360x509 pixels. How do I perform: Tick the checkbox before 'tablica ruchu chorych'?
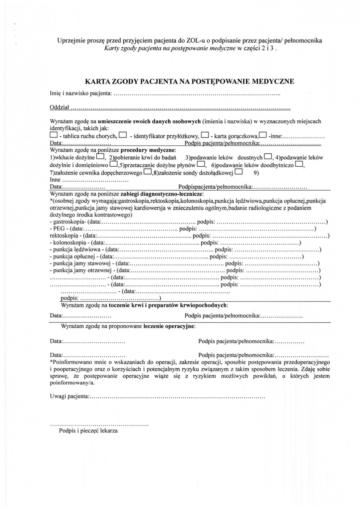tap(53, 136)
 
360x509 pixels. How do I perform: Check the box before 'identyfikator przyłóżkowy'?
tap(123, 136)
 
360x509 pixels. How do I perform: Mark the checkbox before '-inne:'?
tap(263, 136)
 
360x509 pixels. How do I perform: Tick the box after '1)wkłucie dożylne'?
tap(100, 157)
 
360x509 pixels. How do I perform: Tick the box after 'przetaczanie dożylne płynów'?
tap(201, 165)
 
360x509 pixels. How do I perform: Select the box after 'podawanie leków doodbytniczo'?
tap(299, 165)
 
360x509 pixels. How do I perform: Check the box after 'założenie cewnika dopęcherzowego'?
tap(148, 172)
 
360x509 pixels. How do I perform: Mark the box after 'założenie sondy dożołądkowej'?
tap(238, 172)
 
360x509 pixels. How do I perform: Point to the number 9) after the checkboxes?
tap(256, 172)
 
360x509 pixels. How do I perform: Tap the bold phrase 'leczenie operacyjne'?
tap(169, 326)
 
